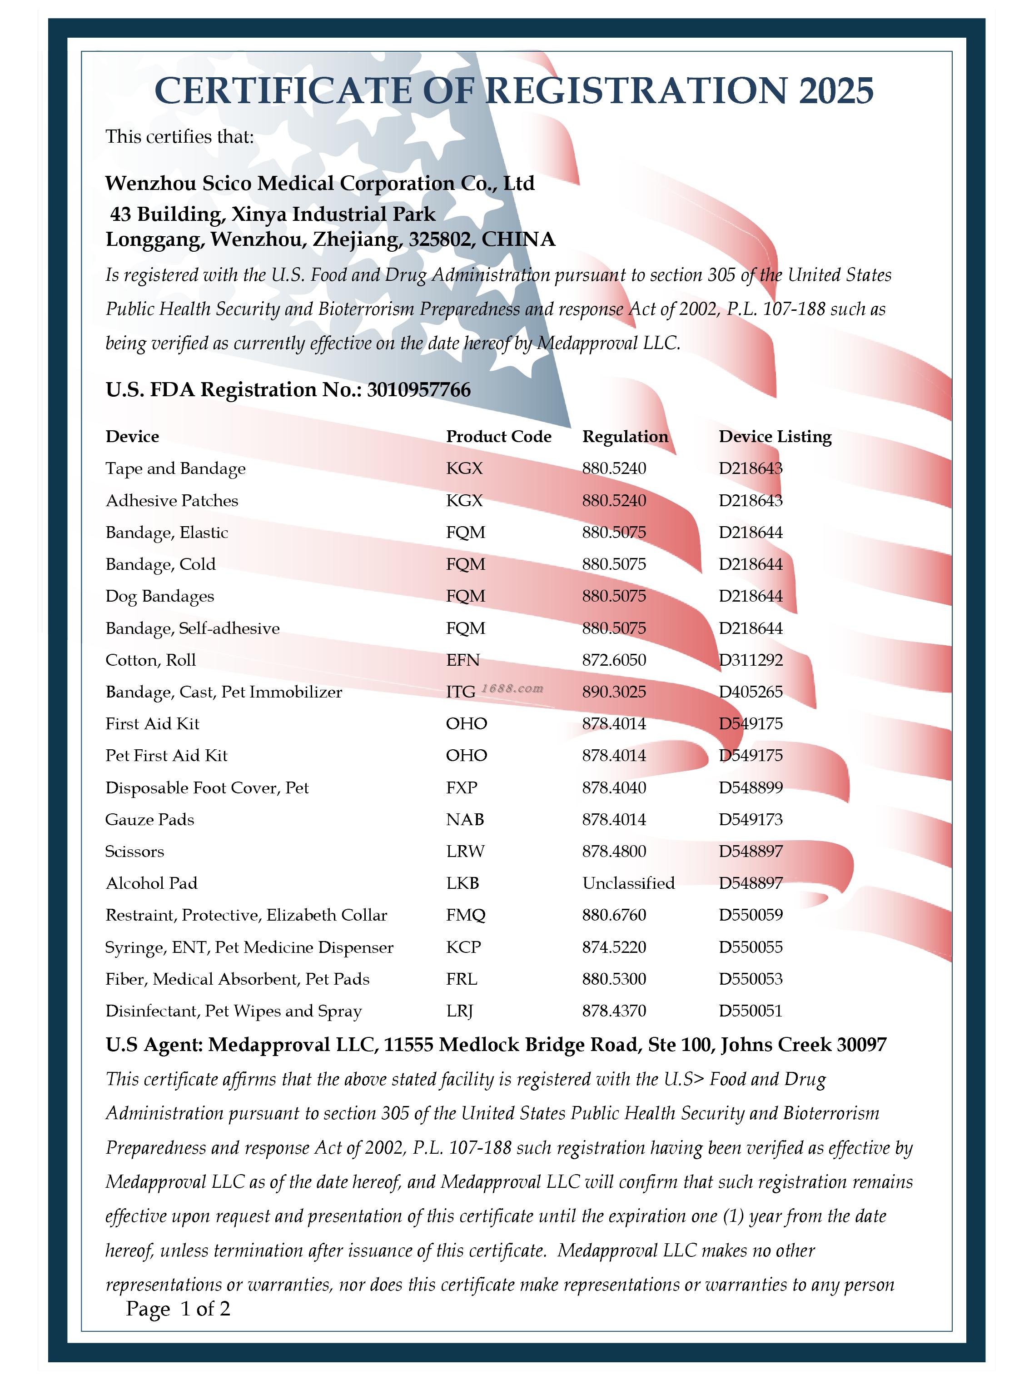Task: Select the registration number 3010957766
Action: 418,389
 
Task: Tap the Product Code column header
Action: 498,436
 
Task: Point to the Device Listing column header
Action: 775,436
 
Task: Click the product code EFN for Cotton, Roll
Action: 462,660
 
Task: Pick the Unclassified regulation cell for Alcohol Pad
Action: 628,883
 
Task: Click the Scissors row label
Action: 134,851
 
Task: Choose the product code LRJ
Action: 459,1011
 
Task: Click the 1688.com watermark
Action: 512,688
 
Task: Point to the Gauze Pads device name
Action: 149,820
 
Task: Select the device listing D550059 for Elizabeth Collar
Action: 751,915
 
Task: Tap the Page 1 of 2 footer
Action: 178,1308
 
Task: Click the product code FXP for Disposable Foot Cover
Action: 462,787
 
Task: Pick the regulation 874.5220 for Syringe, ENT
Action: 614,947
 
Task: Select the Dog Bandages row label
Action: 159,596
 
